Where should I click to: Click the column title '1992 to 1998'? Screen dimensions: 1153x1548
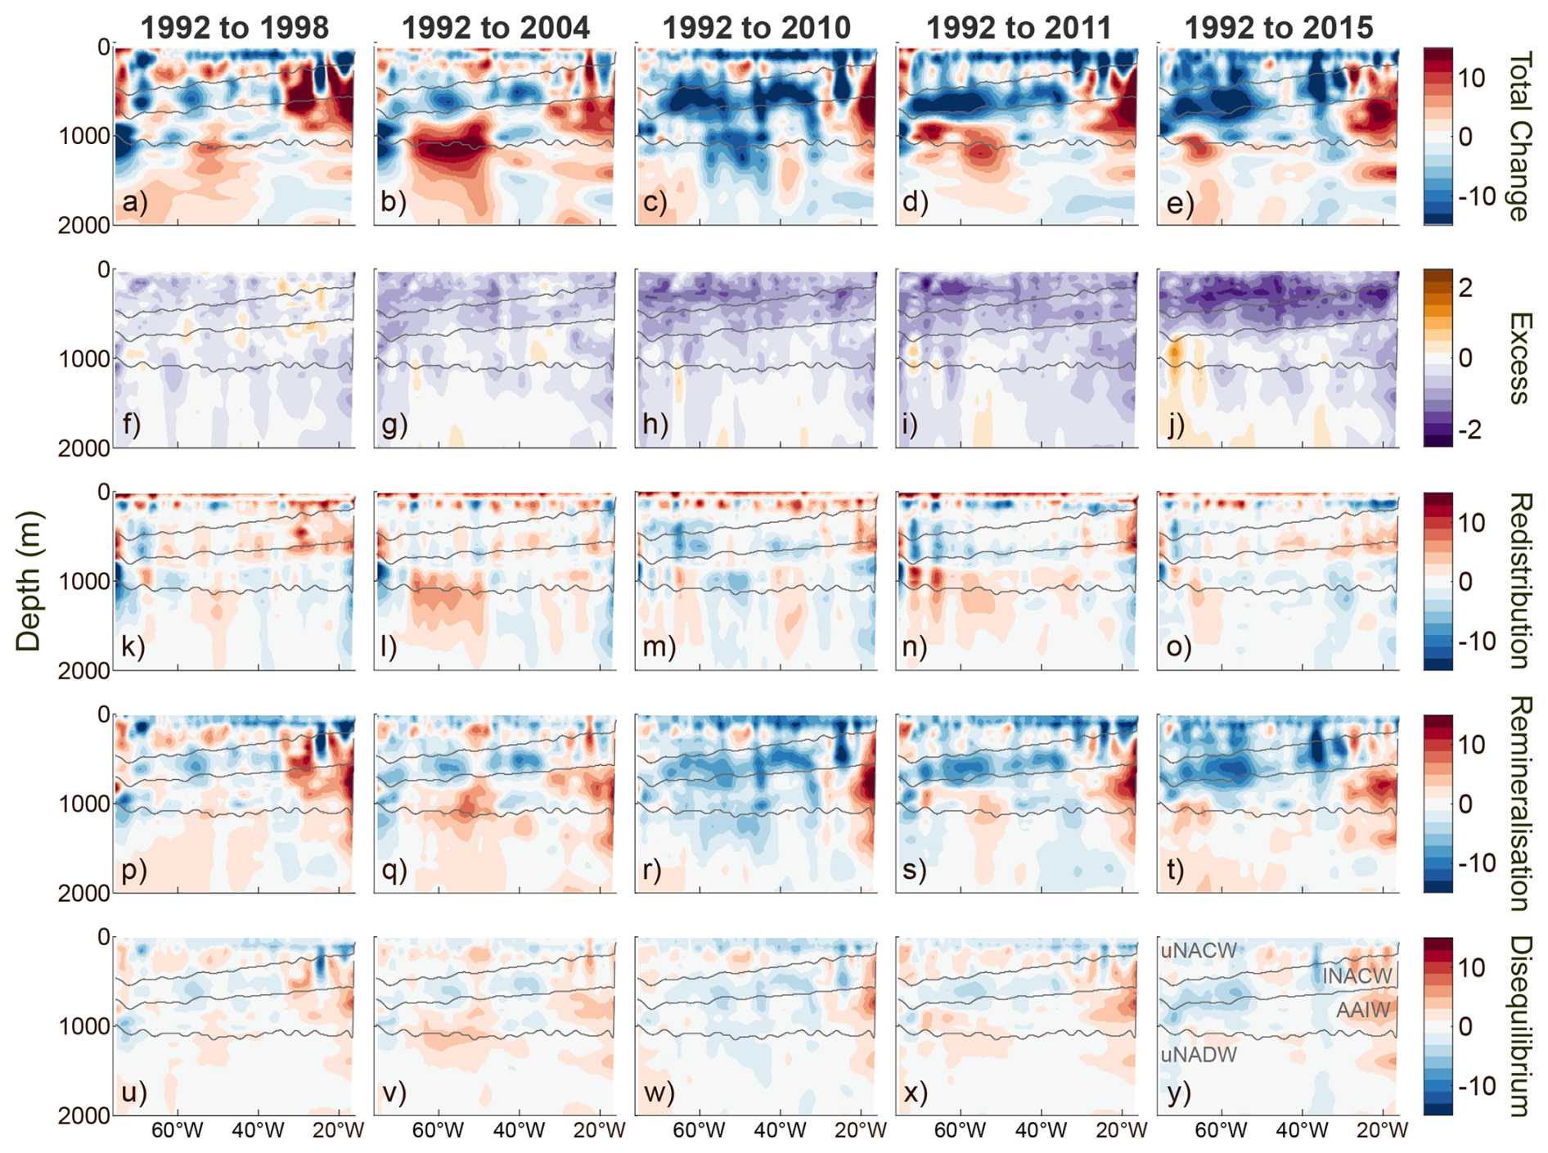235,28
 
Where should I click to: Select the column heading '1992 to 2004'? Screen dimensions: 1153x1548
495,28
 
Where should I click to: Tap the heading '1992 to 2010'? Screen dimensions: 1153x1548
756,28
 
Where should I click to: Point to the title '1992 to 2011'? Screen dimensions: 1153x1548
1018,28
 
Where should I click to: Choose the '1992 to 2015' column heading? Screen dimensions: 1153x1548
1278,28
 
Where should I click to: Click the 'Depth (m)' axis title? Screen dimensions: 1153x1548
29,581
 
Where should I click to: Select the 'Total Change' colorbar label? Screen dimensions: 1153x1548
1519,136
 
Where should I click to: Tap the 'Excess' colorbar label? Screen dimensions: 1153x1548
1519,358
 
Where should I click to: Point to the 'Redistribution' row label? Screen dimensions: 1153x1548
1519,581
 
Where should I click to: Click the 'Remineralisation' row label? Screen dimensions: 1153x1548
1519,804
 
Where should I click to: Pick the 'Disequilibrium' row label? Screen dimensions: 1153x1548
1519,1026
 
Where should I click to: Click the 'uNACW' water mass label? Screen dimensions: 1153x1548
1199,951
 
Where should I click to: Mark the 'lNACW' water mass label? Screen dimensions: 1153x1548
1357,976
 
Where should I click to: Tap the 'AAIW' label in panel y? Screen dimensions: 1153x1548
1362,1011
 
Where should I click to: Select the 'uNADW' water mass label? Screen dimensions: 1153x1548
1199,1056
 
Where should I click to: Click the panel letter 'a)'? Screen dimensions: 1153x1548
135,201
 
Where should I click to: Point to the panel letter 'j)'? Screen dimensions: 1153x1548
1176,424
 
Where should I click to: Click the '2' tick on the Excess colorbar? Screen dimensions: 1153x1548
1465,287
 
